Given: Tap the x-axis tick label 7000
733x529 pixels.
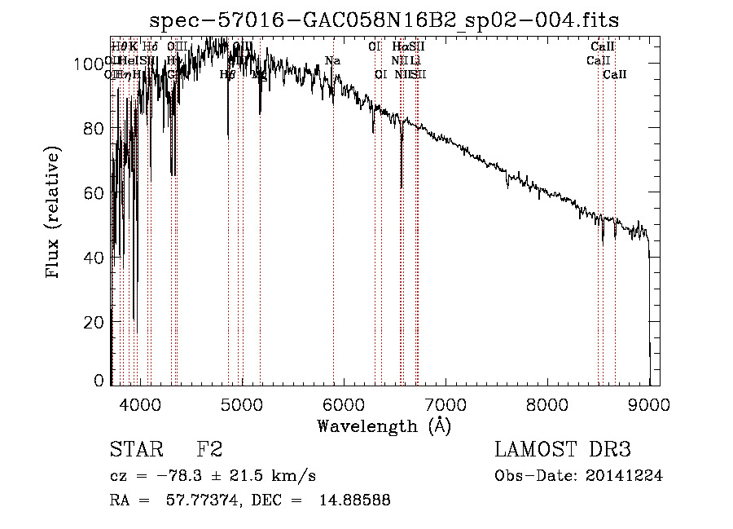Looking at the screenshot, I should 446,403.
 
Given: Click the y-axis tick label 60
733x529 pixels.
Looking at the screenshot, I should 94,193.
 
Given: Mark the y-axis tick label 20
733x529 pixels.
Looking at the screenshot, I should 94,322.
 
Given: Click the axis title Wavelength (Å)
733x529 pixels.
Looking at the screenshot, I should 384,425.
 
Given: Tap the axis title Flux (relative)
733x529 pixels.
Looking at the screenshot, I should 54,214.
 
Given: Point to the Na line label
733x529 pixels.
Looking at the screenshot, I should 332,60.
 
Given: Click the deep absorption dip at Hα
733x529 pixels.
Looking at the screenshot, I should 402,186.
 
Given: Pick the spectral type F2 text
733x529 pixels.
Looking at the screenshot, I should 209,450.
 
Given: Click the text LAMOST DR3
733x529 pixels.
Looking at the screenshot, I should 563,450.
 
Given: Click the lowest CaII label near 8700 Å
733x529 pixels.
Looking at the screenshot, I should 615,74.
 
